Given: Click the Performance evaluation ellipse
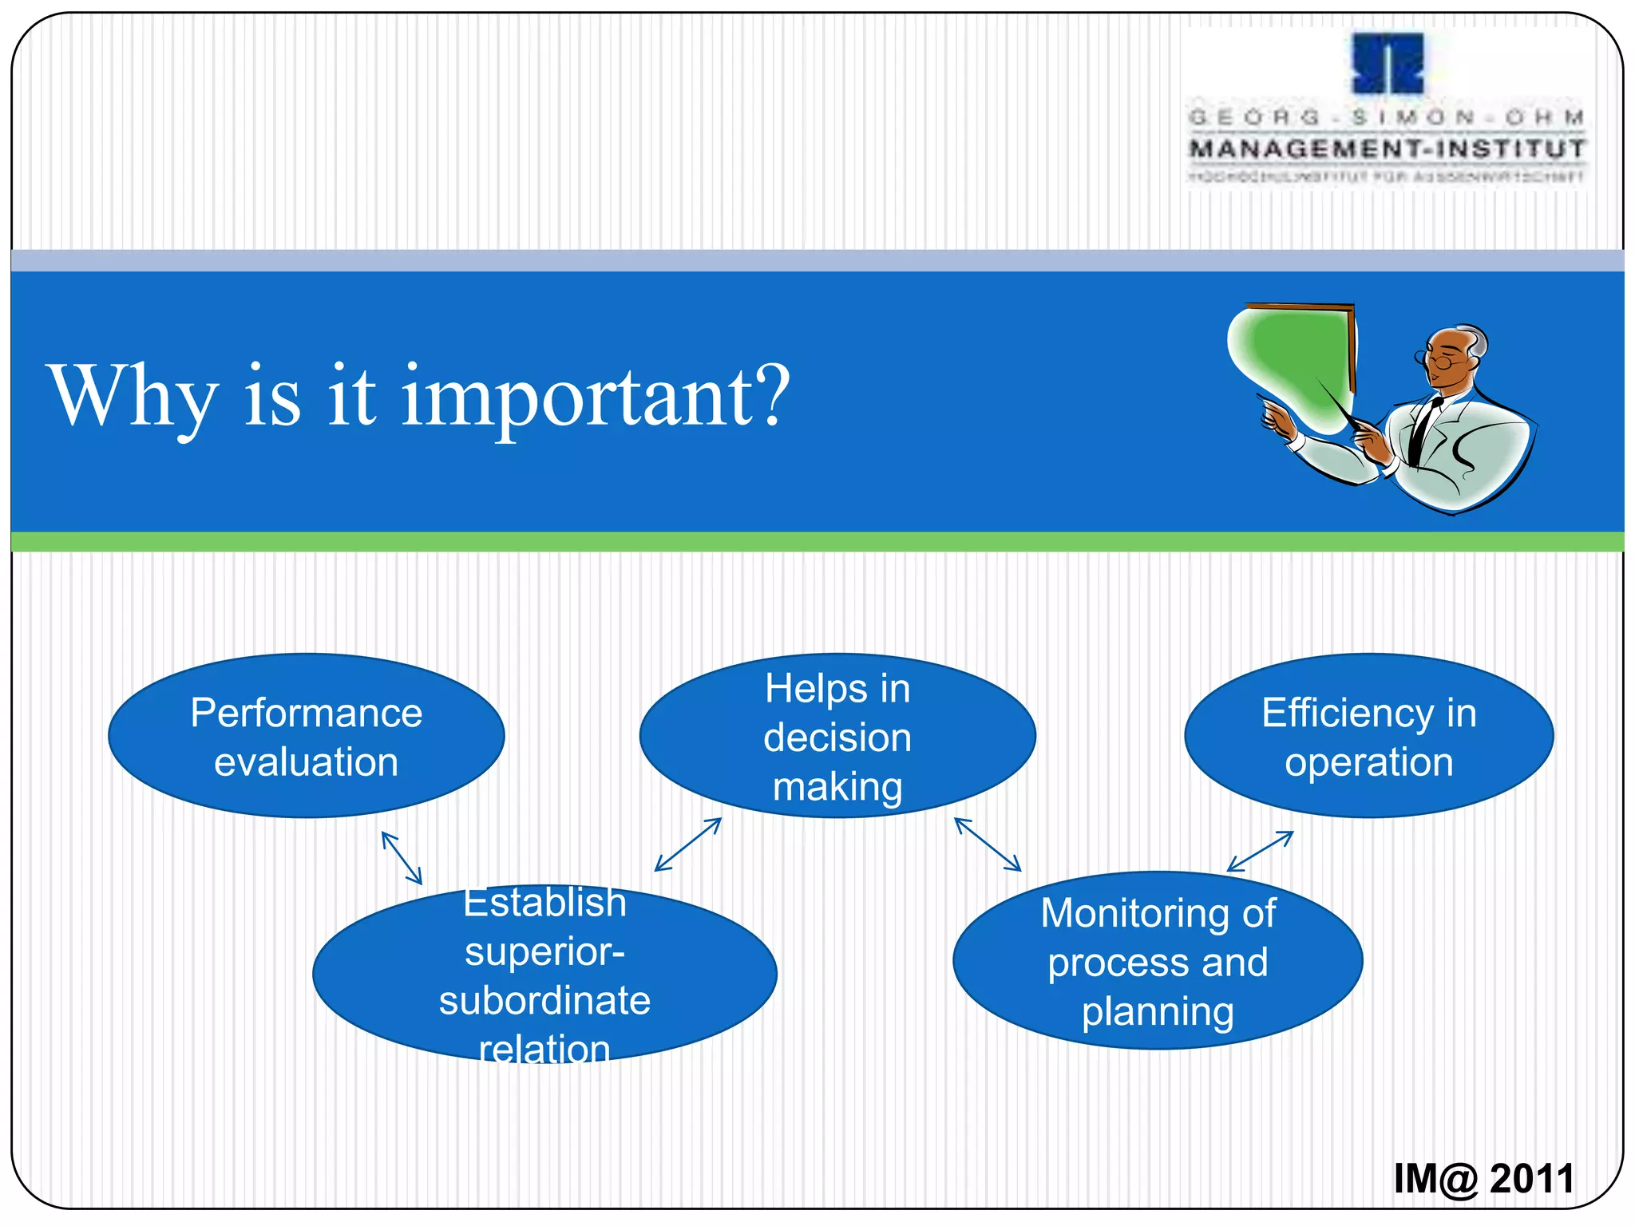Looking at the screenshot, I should (x=306, y=736).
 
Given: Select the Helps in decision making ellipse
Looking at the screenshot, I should (x=837, y=736).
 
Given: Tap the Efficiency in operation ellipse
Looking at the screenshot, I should (x=1368, y=736).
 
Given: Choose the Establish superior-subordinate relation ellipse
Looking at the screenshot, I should (x=544, y=975).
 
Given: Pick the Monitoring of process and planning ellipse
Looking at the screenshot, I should (x=1158, y=961).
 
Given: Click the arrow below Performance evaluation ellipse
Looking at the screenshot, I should (x=402, y=858).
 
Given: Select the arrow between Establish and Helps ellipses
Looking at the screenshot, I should (x=688, y=844).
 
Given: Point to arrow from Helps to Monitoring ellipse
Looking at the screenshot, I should (x=988, y=844).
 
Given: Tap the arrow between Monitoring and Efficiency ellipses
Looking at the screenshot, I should (x=1260, y=852).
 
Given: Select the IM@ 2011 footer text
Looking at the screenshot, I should (x=1483, y=1179).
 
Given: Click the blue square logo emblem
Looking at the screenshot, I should (x=1388, y=63).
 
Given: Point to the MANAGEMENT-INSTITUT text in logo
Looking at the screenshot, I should (x=1388, y=149).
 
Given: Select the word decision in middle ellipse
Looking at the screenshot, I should (x=837, y=738).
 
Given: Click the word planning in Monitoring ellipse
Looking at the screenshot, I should (x=1158, y=1012).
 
